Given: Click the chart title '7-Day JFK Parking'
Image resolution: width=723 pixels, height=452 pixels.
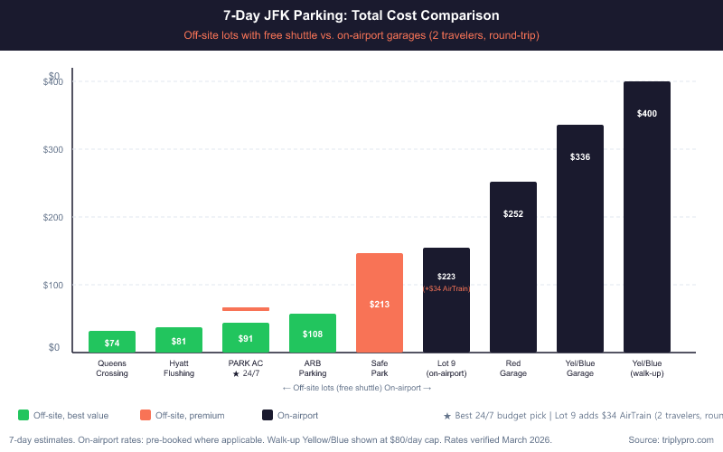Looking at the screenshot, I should pos(361,15).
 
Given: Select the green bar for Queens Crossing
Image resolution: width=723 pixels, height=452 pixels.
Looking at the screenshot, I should pos(112,342).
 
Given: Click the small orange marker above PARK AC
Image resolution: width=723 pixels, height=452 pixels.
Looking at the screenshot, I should pos(246,309).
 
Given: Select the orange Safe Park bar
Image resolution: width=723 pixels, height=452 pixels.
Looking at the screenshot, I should pos(380,303).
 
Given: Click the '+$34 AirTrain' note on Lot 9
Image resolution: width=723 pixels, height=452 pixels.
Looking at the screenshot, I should pos(446,288).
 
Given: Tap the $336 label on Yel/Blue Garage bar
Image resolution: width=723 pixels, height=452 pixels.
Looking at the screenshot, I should pos(580,157).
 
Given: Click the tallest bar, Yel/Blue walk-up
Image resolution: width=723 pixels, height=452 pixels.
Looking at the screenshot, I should pos(647,217).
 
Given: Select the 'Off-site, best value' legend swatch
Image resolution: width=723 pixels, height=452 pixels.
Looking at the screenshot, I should pos(23,415).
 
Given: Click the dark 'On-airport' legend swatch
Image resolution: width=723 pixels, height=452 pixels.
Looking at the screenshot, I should pos(268,415).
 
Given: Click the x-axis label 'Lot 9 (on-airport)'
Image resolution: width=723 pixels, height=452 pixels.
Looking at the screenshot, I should pos(446,368).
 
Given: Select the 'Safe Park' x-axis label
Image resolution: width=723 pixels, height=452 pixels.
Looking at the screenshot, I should pos(380,368).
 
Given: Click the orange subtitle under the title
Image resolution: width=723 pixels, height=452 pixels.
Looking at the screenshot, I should pos(361,35).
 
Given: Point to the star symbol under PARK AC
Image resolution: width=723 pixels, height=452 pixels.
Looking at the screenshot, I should pos(235,373).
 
